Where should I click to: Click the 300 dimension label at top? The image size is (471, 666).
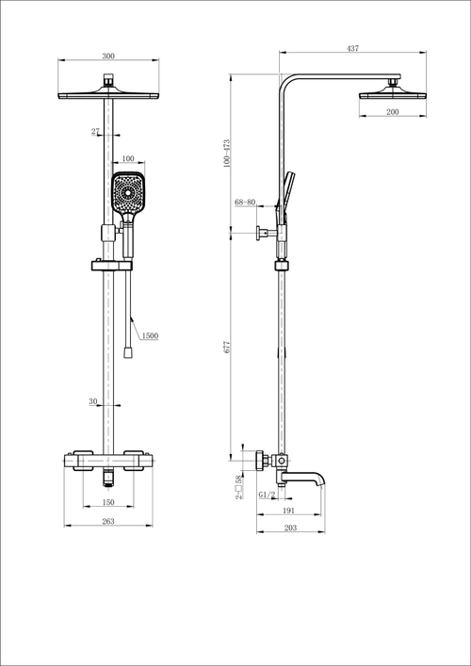coord(108,57)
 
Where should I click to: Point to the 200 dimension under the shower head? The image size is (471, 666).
coord(392,111)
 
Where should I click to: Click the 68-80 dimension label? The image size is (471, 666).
coord(246,201)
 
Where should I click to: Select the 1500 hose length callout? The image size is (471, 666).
coord(149,335)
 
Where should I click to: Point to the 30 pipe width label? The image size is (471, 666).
coord(93,401)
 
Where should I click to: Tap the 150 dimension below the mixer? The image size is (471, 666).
coord(109,502)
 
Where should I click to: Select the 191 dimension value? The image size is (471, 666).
coord(289,510)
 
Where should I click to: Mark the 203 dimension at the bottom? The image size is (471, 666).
coord(290,528)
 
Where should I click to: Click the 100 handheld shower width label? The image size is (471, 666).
coord(127,160)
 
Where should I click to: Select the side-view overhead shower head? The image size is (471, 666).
coord(392,93)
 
